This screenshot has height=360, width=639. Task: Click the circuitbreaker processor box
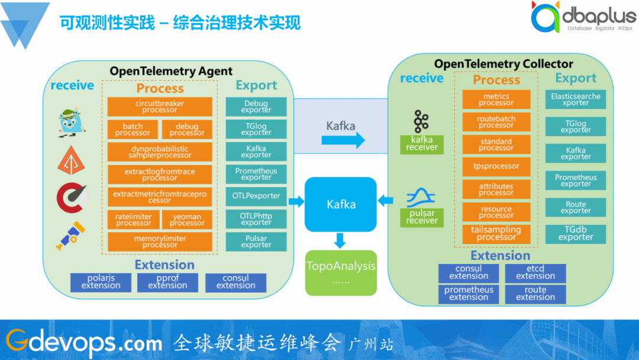click(160, 107)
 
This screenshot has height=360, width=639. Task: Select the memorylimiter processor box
click(160, 242)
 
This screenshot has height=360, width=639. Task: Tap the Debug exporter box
click(256, 107)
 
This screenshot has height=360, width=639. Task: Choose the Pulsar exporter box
click(256, 242)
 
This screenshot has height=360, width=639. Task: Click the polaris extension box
click(101, 282)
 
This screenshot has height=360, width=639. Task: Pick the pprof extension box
click(167, 282)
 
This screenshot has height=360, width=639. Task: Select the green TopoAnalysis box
click(341, 272)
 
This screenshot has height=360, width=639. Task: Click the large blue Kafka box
click(341, 204)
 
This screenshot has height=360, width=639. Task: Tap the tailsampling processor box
click(496, 233)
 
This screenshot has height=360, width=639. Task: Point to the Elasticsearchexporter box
click(576, 99)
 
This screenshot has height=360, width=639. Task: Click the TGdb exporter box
click(576, 234)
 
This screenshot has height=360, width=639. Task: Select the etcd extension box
click(535, 272)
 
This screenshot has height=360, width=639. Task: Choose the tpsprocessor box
click(496, 166)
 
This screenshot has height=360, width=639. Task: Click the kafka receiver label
click(422, 144)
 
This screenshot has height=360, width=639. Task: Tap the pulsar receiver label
click(422, 217)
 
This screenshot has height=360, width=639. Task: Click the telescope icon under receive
click(71, 235)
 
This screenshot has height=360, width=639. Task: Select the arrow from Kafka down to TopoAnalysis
click(340, 240)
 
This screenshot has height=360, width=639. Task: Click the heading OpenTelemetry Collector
click(504, 64)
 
